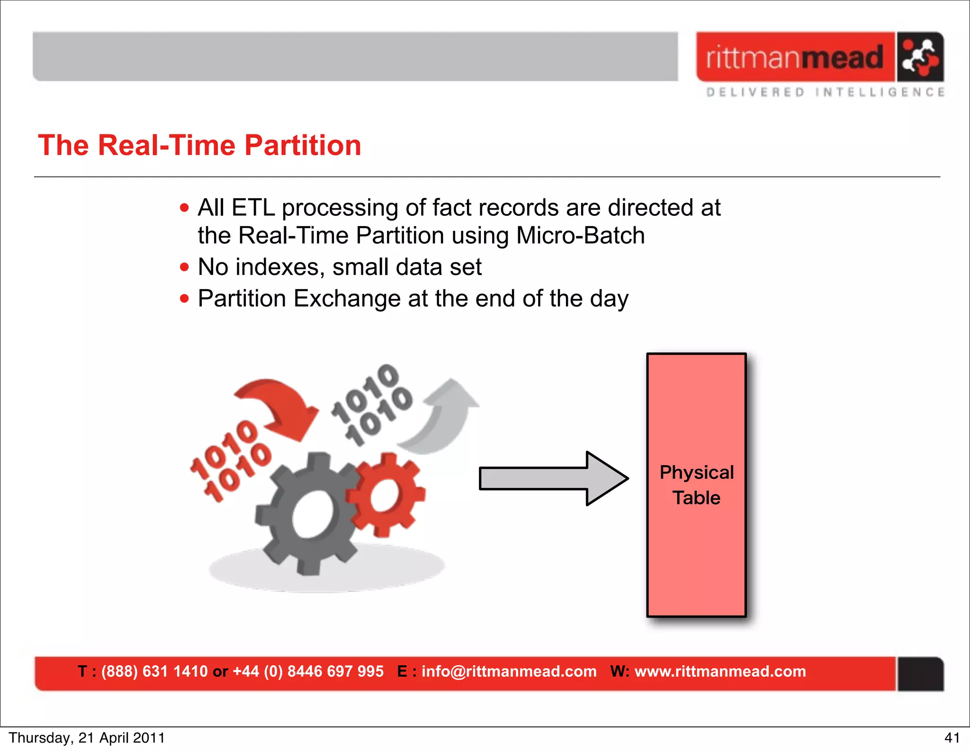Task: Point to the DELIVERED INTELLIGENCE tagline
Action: tap(825, 92)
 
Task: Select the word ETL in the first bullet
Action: tap(253, 208)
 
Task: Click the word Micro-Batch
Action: tap(580, 236)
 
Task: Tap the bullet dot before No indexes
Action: tap(184, 267)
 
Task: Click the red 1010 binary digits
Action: tap(231, 460)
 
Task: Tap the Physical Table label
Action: tap(696, 485)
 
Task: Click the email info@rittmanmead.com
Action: tap(509, 671)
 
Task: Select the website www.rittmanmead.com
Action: tap(720, 671)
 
